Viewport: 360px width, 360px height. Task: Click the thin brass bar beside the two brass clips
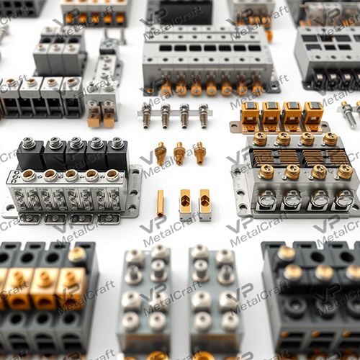(x=160, y=203)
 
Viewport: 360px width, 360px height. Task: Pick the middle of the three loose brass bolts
(x=179, y=152)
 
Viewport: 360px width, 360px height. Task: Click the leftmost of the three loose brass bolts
(x=161, y=152)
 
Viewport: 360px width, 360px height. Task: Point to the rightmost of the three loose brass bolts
(x=199, y=151)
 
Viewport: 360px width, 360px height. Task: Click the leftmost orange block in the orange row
(x=250, y=114)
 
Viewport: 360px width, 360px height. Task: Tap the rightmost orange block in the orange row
(x=312, y=114)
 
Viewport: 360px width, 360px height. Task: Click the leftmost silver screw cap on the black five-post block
(x=29, y=144)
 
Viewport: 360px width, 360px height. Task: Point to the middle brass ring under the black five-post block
(x=71, y=175)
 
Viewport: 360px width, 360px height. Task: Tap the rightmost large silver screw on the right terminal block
(x=344, y=197)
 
